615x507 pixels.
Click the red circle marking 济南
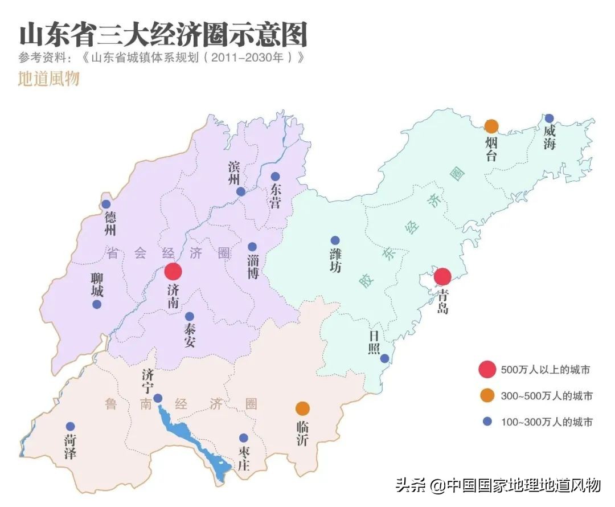[x=173, y=272]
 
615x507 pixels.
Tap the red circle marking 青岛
[x=442, y=276]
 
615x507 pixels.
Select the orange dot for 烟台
[x=491, y=126]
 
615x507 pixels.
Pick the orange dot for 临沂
[x=302, y=408]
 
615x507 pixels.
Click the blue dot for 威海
[x=549, y=118]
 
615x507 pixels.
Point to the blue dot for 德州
[x=106, y=205]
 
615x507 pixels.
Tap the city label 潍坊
[x=335, y=260]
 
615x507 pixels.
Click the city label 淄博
[x=253, y=266]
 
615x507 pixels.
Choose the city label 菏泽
[x=70, y=447]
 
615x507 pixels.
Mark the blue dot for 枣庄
[x=244, y=438]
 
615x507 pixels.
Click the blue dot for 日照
[x=385, y=358]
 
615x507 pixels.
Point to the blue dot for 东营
[x=275, y=177]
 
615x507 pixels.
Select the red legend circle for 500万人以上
[x=487, y=370]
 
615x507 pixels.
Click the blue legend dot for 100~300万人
[x=487, y=422]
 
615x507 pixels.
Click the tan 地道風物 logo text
[x=48, y=78]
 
